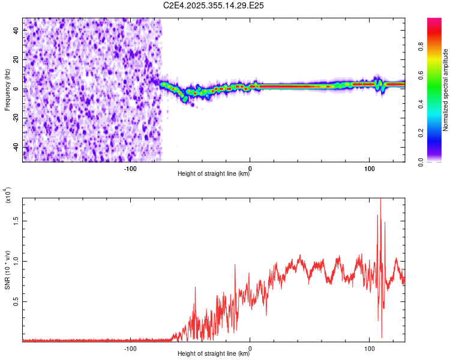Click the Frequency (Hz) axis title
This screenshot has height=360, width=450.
pyautogui.click(x=7, y=89)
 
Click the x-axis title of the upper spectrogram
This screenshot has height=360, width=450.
pyautogui.click(x=214, y=174)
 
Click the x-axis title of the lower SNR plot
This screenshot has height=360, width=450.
pyautogui.click(x=214, y=353)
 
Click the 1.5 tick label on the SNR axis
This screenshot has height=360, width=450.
pyautogui.click(x=17, y=220)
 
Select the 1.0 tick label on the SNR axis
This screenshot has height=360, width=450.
pyautogui.click(x=17, y=260)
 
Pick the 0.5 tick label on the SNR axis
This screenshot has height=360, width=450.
pyautogui.click(x=17, y=301)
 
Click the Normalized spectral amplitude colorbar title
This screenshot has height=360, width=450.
pyautogui.click(x=446, y=90)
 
